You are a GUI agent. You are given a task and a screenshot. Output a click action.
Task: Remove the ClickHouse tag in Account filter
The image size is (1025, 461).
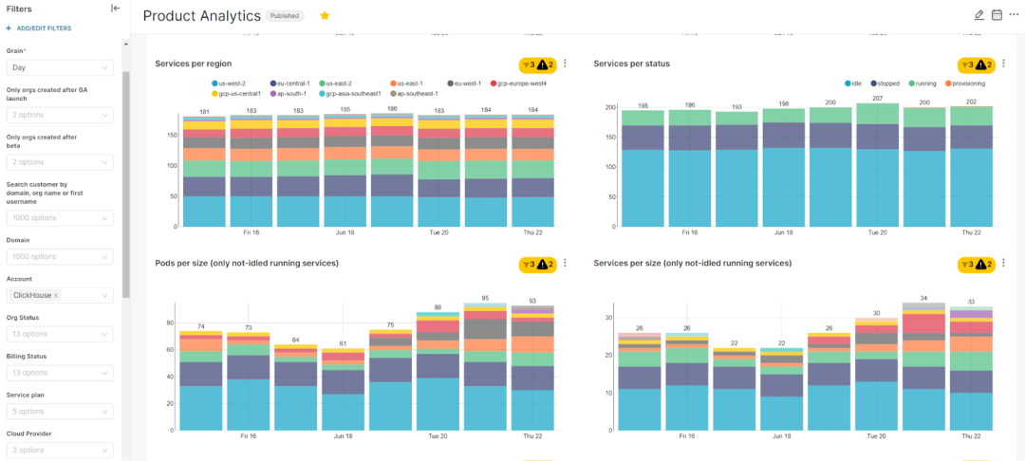[x=56, y=296]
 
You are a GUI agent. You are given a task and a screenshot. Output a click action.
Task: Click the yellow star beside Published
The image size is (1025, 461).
[x=325, y=16]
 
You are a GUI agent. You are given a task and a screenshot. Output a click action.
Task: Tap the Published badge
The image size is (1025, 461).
[x=285, y=16]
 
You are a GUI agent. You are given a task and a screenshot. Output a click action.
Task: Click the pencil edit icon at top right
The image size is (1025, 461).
[x=979, y=15]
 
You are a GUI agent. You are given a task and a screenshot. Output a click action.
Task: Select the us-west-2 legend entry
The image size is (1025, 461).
[x=231, y=83]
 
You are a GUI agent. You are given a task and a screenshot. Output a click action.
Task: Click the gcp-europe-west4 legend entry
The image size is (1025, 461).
[x=520, y=83]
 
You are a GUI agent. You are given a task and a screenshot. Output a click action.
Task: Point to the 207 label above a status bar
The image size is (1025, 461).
[x=878, y=99]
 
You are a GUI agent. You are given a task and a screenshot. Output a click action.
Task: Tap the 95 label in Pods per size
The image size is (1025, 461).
[x=484, y=298]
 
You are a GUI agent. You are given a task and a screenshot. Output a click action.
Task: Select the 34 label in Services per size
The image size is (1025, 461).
[x=923, y=298]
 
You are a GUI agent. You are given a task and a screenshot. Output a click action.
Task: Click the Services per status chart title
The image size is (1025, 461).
[x=632, y=64]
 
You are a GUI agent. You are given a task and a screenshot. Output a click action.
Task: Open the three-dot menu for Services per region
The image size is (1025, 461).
[x=566, y=64]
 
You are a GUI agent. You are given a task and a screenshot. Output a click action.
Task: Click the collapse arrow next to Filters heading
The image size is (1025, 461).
[x=116, y=9]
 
